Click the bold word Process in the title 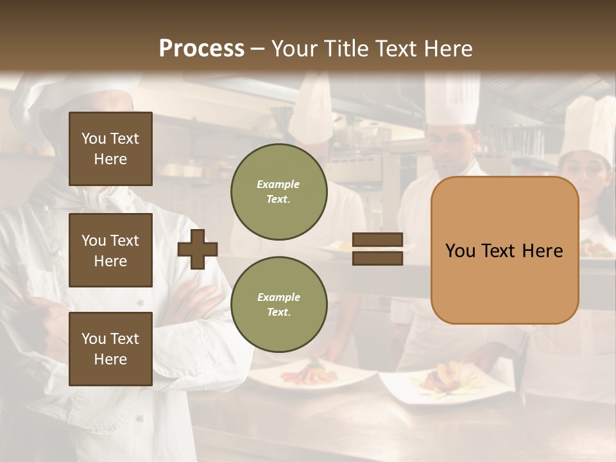point(201,49)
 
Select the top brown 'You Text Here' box point(110,149)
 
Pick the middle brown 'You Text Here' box point(110,250)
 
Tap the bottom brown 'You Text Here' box point(110,349)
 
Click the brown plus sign point(198,249)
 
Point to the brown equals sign point(377,249)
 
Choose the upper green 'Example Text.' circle point(278,192)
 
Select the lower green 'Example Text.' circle point(278,305)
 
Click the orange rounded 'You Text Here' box point(504,250)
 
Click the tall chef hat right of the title point(452,96)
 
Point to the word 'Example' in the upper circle point(278,184)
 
